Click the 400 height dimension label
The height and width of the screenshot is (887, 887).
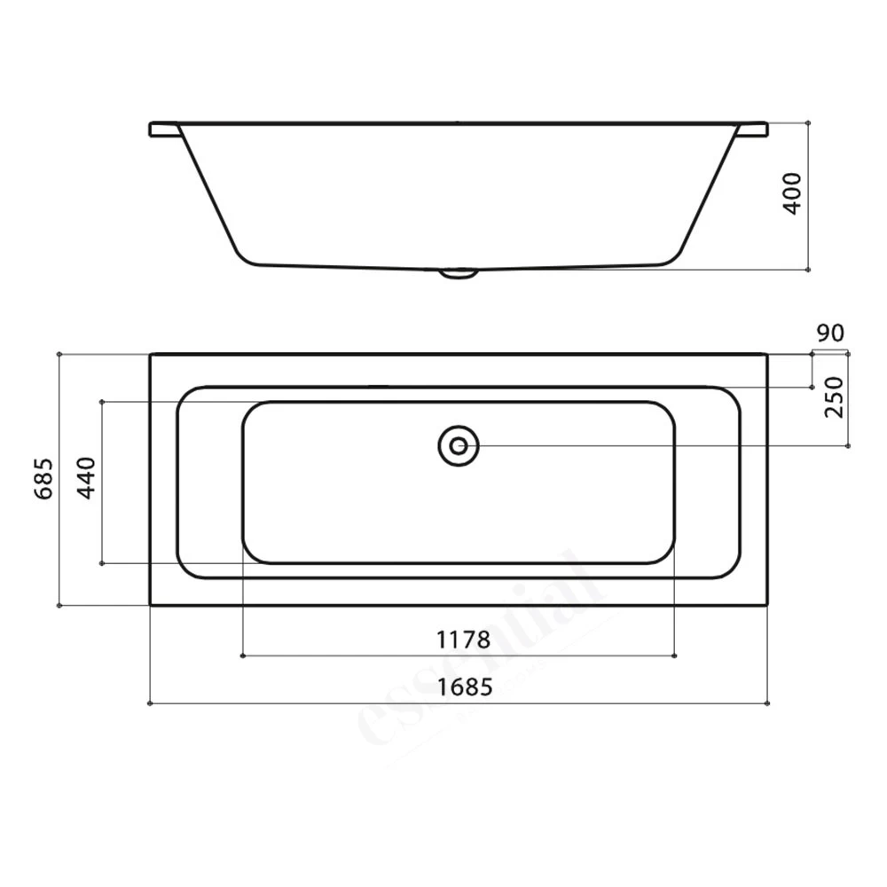[793, 192]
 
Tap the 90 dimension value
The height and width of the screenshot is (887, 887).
[830, 334]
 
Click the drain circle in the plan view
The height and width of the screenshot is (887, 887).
[459, 445]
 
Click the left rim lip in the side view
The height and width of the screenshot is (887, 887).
[163, 130]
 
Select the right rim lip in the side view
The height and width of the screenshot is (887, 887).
[752, 130]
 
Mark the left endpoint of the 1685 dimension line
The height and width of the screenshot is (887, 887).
[150, 703]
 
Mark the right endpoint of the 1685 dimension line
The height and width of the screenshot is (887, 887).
[768, 703]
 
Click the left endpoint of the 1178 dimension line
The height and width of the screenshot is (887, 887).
[242, 656]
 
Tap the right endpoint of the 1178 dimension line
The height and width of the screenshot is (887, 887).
[675, 656]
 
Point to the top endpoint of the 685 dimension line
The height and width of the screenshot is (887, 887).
[59, 354]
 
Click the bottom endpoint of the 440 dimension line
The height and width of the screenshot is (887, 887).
[103, 562]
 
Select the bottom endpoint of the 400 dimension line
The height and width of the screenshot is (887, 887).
[809, 268]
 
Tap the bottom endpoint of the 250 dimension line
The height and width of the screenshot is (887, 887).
[849, 445]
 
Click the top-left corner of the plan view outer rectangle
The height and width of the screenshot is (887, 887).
[150, 354]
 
